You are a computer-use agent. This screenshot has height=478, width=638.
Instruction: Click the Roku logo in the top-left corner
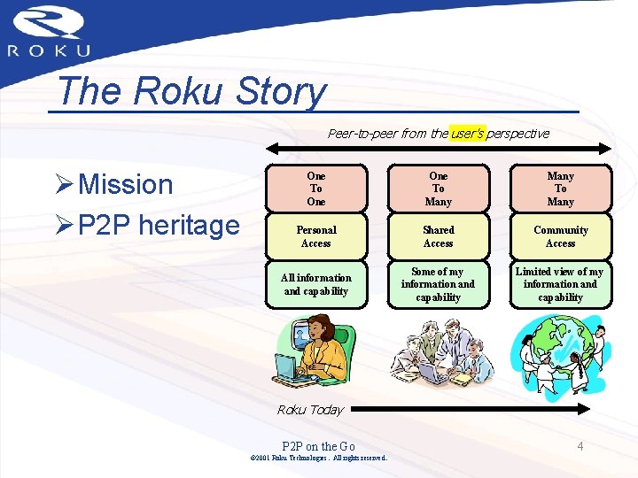pyautogui.click(x=50, y=32)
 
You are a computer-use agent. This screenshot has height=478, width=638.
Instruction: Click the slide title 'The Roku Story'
pyautogui.click(x=190, y=90)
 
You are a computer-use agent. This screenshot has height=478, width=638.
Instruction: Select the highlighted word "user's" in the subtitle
pyautogui.click(x=467, y=134)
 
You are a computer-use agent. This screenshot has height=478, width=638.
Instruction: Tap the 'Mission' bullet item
pyautogui.click(x=125, y=184)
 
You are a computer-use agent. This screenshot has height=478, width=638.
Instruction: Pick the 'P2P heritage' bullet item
pyautogui.click(x=158, y=225)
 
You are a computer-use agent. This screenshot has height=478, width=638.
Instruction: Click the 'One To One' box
pyautogui.click(x=316, y=189)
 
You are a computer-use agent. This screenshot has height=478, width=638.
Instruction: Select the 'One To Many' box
pyautogui.click(x=438, y=189)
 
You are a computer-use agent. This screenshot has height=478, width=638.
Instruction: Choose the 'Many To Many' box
pyautogui.click(x=560, y=189)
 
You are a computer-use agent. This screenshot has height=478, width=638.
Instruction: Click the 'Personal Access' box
pyautogui.click(x=316, y=236)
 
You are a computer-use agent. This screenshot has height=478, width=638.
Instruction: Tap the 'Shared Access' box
pyautogui.click(x=438, y=236)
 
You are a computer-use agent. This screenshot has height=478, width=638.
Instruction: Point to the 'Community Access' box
pyautogui.click(x=560, y=236)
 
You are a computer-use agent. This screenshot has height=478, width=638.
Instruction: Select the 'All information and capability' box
pyautogui.click(x=316, y=284)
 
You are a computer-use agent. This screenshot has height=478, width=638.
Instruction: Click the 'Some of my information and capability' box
pyautogui.click(x=438, y=284)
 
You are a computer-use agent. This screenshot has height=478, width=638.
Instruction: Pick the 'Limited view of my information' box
pyautogui.click(x=560, y=284)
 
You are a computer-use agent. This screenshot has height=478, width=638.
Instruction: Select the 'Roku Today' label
pyautogui.click(x=310, y=409)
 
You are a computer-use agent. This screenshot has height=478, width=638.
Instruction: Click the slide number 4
pyautogui.click(x=580, y=446)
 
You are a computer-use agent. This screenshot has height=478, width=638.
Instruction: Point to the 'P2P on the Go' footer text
pyautogui.click(x=318, y=446)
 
